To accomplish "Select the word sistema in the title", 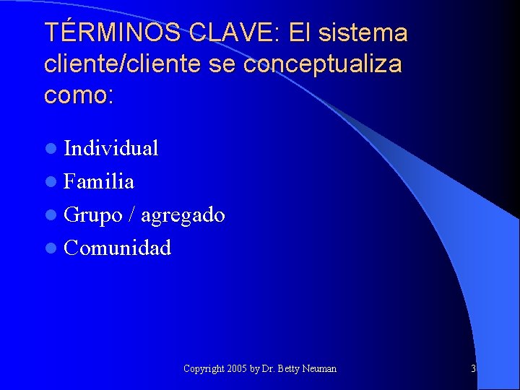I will (367, 32).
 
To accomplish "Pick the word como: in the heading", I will (79, 95).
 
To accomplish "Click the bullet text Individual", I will (111, 148).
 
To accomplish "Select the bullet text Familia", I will (99, 181).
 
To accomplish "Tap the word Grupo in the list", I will (92, 215).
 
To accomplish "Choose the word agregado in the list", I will (183, 215).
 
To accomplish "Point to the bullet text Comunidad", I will (118, 248).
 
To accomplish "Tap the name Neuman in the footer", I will (318, 369).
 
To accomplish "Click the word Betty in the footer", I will (287, 369).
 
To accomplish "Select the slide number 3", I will (473, 369).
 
